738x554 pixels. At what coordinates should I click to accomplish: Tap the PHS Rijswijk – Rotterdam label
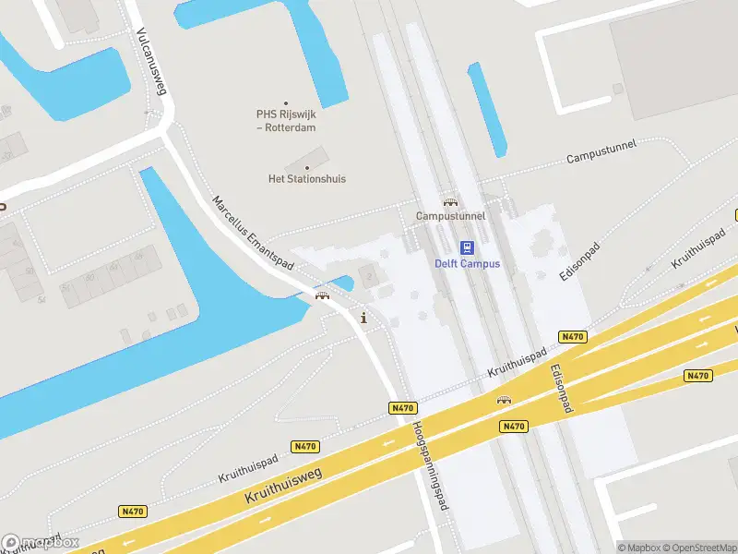[285, 120]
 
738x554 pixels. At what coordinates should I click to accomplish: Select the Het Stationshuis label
[306, 178]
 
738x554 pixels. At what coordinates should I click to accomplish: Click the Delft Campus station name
[467, 264]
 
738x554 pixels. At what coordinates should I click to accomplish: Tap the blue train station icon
[467, 247]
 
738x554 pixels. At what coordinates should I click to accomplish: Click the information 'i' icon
[364, 319]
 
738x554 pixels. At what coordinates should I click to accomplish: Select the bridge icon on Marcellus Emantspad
[322, 295]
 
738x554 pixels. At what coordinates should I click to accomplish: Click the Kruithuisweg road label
[282, 484]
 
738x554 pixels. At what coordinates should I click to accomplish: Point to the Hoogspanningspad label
[431, 465]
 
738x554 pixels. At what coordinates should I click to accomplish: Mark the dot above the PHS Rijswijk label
[285, 102]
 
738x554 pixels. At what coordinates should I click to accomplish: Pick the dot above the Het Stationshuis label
[306, 167]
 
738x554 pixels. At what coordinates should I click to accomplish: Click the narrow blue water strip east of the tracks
[487, 109]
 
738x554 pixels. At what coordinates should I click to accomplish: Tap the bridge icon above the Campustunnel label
[449, 201]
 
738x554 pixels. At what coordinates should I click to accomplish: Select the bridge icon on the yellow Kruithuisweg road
[504, 400]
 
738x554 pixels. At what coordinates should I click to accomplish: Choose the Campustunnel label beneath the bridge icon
[449, 216]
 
